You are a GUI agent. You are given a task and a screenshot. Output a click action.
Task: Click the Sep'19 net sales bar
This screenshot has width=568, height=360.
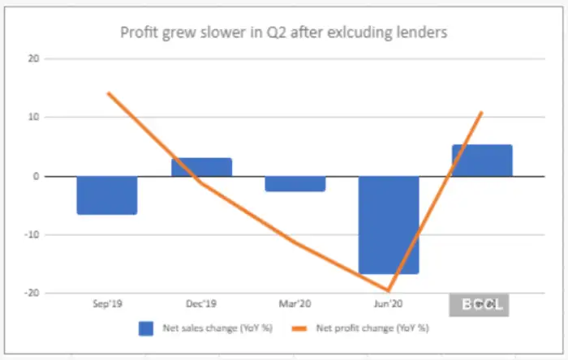[x=106, y=195]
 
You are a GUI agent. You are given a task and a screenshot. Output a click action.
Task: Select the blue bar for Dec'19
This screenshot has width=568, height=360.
[x=201, y=167]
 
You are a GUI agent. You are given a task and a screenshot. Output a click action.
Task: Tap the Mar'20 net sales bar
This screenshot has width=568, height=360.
[x=295, y=184]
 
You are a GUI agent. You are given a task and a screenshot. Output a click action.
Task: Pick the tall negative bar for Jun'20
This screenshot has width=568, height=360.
[x=389, y=225]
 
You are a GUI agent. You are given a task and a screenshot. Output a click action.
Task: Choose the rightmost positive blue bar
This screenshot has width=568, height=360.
[x=482, y=161]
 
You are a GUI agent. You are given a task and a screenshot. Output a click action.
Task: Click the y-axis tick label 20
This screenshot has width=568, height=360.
[x=32, y=58]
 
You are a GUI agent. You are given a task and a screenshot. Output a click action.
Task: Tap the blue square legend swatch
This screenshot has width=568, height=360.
[x=145, y=328]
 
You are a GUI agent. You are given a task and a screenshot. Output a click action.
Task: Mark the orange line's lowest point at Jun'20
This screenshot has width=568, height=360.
[x=389, y=290]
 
